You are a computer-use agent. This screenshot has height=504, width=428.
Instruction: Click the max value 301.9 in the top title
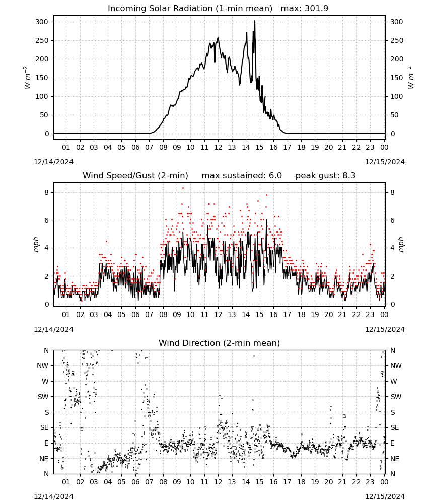(x=316, y=8)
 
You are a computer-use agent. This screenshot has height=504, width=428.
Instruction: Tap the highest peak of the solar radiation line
(x=255, y=21)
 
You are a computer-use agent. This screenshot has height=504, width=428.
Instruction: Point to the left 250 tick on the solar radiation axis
(x=42, y=40)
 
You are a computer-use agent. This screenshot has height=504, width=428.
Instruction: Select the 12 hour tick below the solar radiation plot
(x=218, y=147)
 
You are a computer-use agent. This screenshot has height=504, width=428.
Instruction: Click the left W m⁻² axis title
(x=27, y=78)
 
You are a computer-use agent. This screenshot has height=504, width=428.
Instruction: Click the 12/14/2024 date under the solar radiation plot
(x=53, y=162)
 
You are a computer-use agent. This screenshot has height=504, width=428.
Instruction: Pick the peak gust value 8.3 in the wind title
(x=349, y=175)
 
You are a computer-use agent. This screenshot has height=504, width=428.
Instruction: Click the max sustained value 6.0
(x=275, y=175)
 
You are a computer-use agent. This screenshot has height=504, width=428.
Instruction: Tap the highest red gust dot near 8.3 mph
(x=183, y=188)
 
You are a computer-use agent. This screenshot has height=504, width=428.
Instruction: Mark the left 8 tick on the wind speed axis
(x=46, y=192)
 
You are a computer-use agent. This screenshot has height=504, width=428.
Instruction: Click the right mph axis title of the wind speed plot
(x=401, y=244)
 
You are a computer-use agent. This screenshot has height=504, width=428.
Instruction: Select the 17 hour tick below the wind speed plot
(x=287, y=314)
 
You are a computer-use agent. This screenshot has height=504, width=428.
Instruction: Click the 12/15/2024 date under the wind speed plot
(x=385, y=329)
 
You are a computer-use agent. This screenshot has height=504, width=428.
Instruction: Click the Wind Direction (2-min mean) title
(x=220, y=343)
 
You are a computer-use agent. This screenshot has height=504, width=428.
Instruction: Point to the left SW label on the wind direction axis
(x=43, y=397)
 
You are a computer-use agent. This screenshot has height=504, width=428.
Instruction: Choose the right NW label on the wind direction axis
(x=396, y=365)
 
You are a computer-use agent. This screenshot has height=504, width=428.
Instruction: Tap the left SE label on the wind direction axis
(x=44, y=427)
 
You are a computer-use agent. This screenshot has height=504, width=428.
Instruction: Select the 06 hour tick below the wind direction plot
(x=135, y=482)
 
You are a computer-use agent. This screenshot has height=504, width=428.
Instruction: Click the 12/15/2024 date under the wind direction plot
(x=385, y=496)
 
